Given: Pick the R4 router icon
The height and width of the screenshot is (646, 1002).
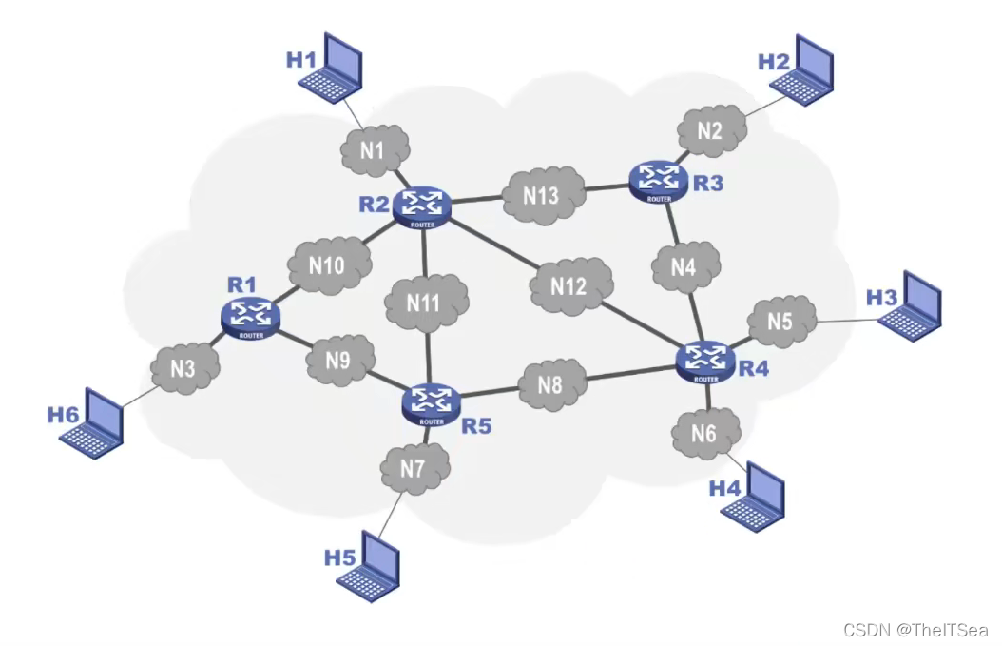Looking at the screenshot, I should tap(705, 360).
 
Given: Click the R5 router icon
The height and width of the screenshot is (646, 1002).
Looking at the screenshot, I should tap(432, 402).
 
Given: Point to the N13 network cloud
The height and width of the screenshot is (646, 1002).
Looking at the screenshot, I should tap(543, 195).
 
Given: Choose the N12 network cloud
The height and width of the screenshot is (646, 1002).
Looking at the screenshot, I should tap(569, 285).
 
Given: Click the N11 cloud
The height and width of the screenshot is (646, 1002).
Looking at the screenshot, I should tap(425, 303).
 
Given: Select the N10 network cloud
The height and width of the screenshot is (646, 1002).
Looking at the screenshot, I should tap(327, 265).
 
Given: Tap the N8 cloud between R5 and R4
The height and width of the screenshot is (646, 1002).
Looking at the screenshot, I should tap(550, 384).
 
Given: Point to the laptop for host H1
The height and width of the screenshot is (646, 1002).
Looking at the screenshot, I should tap(330, 66).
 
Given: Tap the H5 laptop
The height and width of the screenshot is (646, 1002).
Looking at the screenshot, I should tap(368, 567).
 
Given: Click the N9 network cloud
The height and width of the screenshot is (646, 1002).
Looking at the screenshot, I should tap(338, 361).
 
